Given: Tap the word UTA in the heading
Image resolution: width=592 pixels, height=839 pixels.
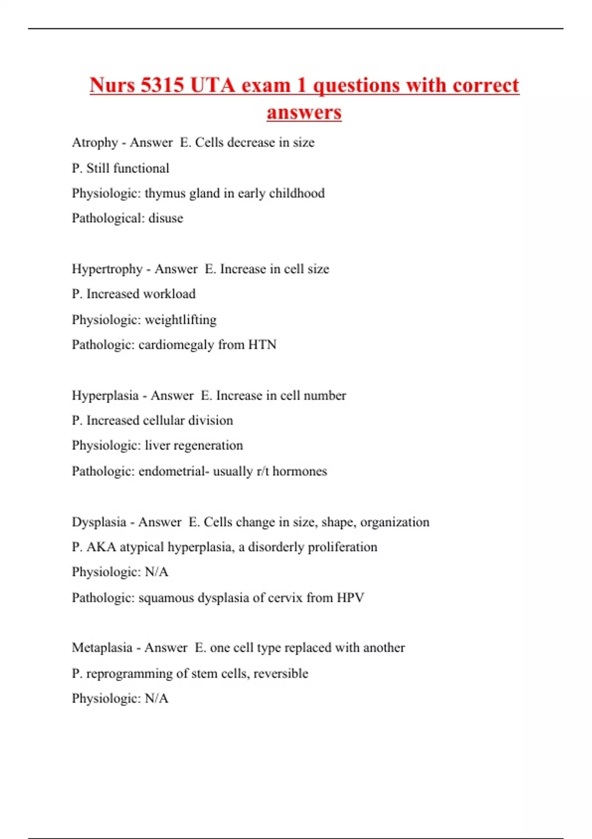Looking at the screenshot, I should pyautogui.click(x=212, y=85).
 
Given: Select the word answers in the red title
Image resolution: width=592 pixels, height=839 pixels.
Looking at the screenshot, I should pyautogui.click(x=304, y=112).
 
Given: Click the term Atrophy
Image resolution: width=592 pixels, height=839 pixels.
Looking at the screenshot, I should pyautogui.click(x=95, y=143).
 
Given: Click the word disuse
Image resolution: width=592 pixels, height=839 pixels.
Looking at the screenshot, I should pyautogui.click(x=166, y=218).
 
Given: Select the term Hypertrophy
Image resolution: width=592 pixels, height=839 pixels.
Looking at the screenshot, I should pyautogui.click(x=107, y=269).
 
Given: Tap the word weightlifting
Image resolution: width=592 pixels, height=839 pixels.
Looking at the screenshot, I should pyautogui.click(x=181, y=320).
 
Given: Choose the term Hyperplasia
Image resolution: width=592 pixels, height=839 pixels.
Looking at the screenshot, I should pyautogui.click(x=105, y=395).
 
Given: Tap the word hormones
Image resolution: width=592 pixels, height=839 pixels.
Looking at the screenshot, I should pyautogui.click(x=299, y=471).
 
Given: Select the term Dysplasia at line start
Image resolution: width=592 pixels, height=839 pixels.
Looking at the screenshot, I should pyautogui.click(x=99, y=522).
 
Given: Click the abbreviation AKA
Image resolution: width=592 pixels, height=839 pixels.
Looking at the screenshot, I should pyautogui.click(x=101, y=547).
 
